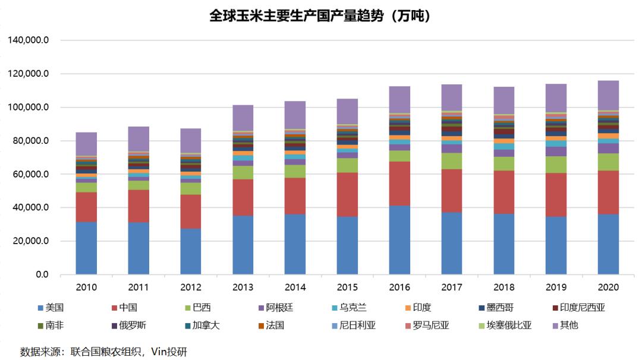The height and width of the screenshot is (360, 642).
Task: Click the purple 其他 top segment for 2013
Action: (243, 118)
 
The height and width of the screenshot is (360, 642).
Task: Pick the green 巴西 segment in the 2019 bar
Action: (556, 165)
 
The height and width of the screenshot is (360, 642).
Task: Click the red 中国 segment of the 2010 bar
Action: (86, 207)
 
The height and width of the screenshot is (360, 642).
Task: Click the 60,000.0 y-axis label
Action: (30, 175)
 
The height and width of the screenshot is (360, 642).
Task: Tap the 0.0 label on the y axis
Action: (40, 275)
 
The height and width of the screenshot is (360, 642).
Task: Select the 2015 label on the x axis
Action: (347, 287)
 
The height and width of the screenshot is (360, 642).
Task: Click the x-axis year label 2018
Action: (503, 287)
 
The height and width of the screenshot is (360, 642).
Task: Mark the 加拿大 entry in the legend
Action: (202, 325)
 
